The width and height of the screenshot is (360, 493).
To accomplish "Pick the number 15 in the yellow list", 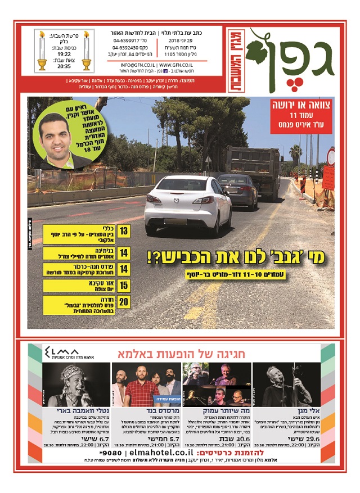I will coord(124,286).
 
